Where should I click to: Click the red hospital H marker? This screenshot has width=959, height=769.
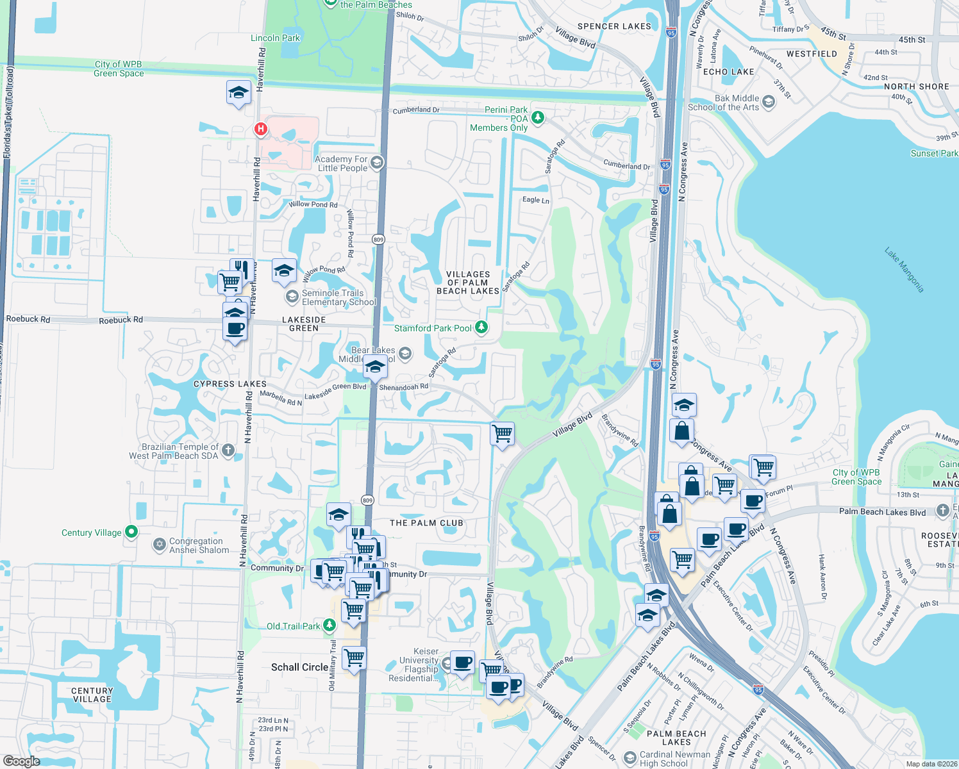pyautogui.click(x=261, y=129)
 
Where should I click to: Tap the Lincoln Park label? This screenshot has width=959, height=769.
pyautogui.click(x=275, y=38)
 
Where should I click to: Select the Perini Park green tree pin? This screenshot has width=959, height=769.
pyautogui.click(x=538, y=117)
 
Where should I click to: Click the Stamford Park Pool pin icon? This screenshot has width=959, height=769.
pyautogui.click(x=481, y=327)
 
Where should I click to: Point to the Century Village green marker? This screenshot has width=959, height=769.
pyautogui.click(x=131, y=531)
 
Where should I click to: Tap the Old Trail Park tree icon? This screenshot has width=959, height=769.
pyautogui.click(x=329, y=624)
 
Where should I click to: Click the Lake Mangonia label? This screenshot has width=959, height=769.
pyautogui.click(x=905, y=270)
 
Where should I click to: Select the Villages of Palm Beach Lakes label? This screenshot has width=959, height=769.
pyautogui.click(x=468, y=283)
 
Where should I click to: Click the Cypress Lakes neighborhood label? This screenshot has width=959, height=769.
pyautogui.click(x=229, y=384)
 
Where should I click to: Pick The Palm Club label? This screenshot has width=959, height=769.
pyautogui.click(x=426, y=523)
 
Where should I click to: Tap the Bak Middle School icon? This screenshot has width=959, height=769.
pyautogui.click(x=769, y=103)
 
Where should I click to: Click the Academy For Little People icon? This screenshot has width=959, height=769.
pyautogui.click(x=377, y=162)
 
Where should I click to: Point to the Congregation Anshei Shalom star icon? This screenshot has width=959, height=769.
pyautogui.click(x=159, y=545)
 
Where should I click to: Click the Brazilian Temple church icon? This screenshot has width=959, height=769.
pyautogui.click(x=228, y=452)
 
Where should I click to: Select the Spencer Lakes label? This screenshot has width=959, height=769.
pyautogui.click(x=614, y=26)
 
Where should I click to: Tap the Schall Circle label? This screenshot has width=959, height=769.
pyautogui.click(x=299, y=667)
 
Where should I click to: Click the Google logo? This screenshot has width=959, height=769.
pyautogui.click(x=21, y=761)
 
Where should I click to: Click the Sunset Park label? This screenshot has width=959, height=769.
pyautogui.click(x=934, y=153)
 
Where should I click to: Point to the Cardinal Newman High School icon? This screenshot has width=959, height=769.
pyautogui.click(x=630, y=758)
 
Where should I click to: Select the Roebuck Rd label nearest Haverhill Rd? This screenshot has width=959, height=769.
pyautogui.click(x=121, y=320)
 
